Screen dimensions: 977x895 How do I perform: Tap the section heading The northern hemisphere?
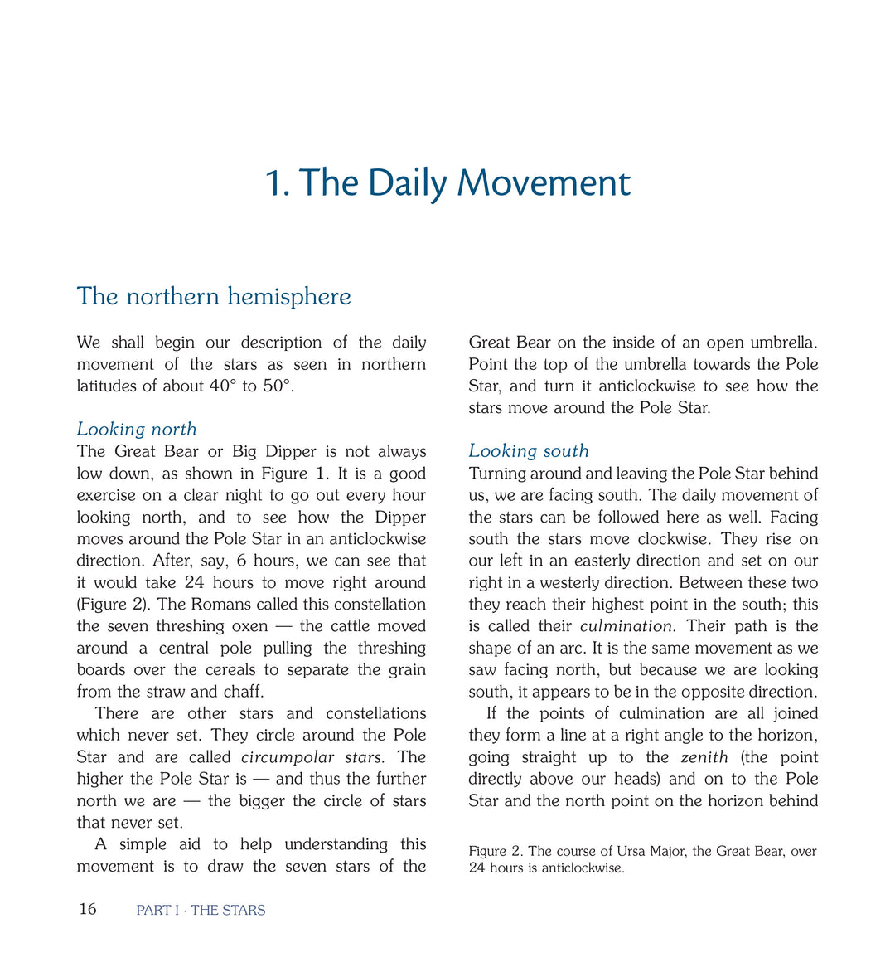point(214,296)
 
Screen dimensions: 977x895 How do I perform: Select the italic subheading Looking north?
point(137,429)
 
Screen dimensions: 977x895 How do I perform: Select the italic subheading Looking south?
point(529,451)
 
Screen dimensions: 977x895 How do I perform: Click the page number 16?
point(87,909)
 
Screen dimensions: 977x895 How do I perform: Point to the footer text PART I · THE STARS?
point(201,910)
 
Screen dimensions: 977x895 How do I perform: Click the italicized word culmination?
point(626,626)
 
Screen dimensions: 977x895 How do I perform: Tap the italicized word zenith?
point(704,757)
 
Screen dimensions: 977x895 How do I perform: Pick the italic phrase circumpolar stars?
point(312,757)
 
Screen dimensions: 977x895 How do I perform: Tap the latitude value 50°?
point(278,386)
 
